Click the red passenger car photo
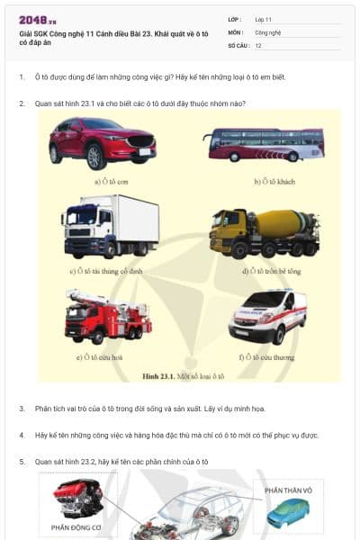coord(89,142)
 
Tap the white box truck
coord(98,226)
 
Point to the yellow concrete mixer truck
coord(263,233)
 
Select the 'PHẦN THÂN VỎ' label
coord(287,490)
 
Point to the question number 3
coord(22,409)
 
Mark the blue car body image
coord(287,512)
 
